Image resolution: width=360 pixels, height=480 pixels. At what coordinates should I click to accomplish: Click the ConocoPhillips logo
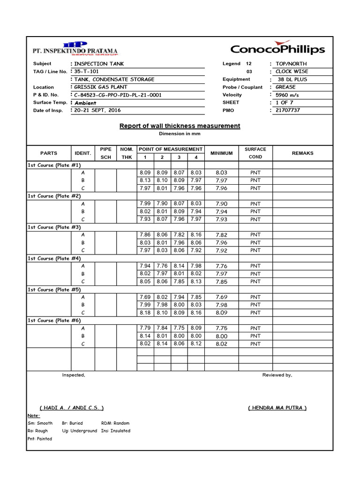click(277, 49)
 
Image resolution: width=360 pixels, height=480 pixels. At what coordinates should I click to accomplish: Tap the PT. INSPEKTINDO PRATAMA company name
click(75, 51)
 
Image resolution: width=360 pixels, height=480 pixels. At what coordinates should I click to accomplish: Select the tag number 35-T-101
click(87, 71)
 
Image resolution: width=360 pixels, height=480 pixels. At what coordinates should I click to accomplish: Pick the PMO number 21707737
click(288, 110)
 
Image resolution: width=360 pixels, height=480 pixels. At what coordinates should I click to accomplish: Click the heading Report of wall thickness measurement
click(180, 126)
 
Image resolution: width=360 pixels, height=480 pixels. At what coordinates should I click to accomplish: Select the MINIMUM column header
click(222, 153)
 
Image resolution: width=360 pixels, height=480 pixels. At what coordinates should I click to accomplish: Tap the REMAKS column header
click(302, 153)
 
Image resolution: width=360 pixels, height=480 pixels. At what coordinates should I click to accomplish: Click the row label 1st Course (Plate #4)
click(54, 258)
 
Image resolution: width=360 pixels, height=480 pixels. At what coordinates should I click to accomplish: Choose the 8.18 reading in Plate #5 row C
click(145, 313)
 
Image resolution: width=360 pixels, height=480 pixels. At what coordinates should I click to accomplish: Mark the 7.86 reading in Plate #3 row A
click(145, 234)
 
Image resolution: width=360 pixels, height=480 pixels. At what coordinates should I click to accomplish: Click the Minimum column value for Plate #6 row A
click(221, 329)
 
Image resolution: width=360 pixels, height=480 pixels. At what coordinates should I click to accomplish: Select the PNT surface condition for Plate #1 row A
click(255, 172)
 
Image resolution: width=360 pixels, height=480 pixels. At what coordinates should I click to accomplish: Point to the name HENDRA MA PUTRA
click(277, 408)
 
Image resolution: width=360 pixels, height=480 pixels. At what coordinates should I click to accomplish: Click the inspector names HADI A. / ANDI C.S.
click(72, 408)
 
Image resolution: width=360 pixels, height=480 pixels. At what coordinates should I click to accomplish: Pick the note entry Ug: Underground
click(79, 431)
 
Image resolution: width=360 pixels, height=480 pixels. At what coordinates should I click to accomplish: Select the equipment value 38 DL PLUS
click(292, 79)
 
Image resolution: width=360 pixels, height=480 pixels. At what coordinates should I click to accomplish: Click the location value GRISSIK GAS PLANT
click(101, 87)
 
